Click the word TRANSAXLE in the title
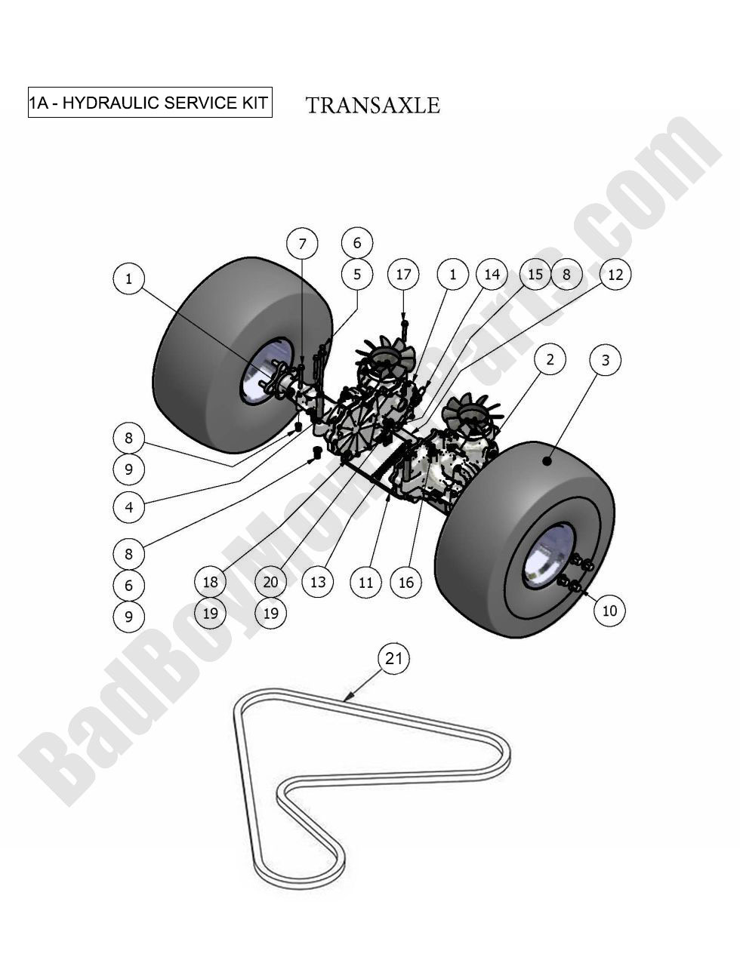coord(373,105)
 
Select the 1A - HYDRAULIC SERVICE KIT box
coord(150,103)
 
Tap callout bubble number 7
coord(302,244)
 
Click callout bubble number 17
coord(403,274)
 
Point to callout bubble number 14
coord(492,274)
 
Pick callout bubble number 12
coord(615,274)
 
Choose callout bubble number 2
coord(550,359)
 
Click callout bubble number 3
coord(605,361)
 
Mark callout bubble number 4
coord(129,507)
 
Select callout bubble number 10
coord(609,610)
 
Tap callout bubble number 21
coord(394,659)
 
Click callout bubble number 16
coord(406,582)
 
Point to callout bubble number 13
coord(318,582)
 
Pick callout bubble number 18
coord(210,582)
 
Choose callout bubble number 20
coord(270,582)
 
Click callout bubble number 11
coord(365,582)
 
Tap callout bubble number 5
coord(357,274)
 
